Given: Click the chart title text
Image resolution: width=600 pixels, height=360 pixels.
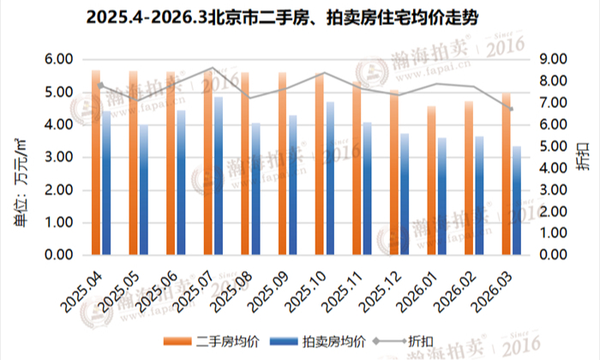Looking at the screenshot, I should point(299,17).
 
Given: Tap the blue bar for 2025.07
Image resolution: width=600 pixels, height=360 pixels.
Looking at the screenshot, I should point(219,176).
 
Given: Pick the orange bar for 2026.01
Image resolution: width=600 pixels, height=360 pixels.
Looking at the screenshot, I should point(432,181).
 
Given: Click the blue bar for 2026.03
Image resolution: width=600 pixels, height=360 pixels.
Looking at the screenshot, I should point(517,201).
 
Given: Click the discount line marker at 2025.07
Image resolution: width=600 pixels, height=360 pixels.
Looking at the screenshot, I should point(213,68).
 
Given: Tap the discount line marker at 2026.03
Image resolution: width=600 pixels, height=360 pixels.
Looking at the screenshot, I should point(512,109).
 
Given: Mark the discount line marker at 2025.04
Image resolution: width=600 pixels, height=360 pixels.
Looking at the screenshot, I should point(101,85).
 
